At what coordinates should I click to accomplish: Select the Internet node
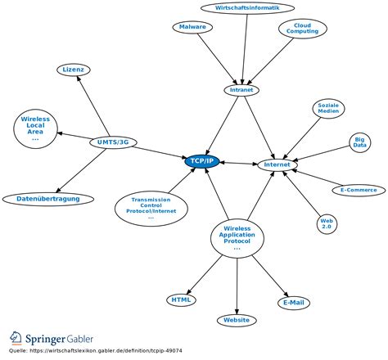point(277,165)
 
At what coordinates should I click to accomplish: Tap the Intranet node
point(242,90)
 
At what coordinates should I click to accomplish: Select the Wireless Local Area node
point(35,128)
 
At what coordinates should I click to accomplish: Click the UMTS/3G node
point(112,142)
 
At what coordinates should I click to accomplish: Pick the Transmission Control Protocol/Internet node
point(150,208)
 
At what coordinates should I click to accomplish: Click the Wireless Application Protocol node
point(237,236)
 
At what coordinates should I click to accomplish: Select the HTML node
point(181,299)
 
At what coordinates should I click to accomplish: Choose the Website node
point(237,320)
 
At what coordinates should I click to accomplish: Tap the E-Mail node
point(293,303)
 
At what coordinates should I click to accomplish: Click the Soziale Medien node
point(328,108)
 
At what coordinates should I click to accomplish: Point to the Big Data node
point(359,142)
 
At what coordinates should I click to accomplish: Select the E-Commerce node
point(359,190)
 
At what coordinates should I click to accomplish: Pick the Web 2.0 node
point(327,223)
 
